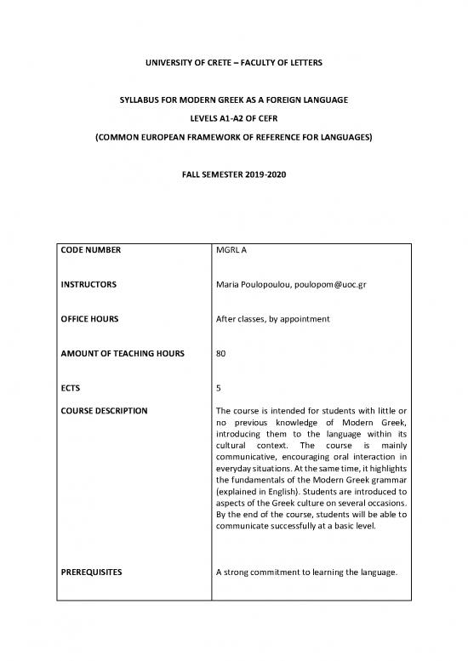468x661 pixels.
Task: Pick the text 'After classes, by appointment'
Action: (277, 318)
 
